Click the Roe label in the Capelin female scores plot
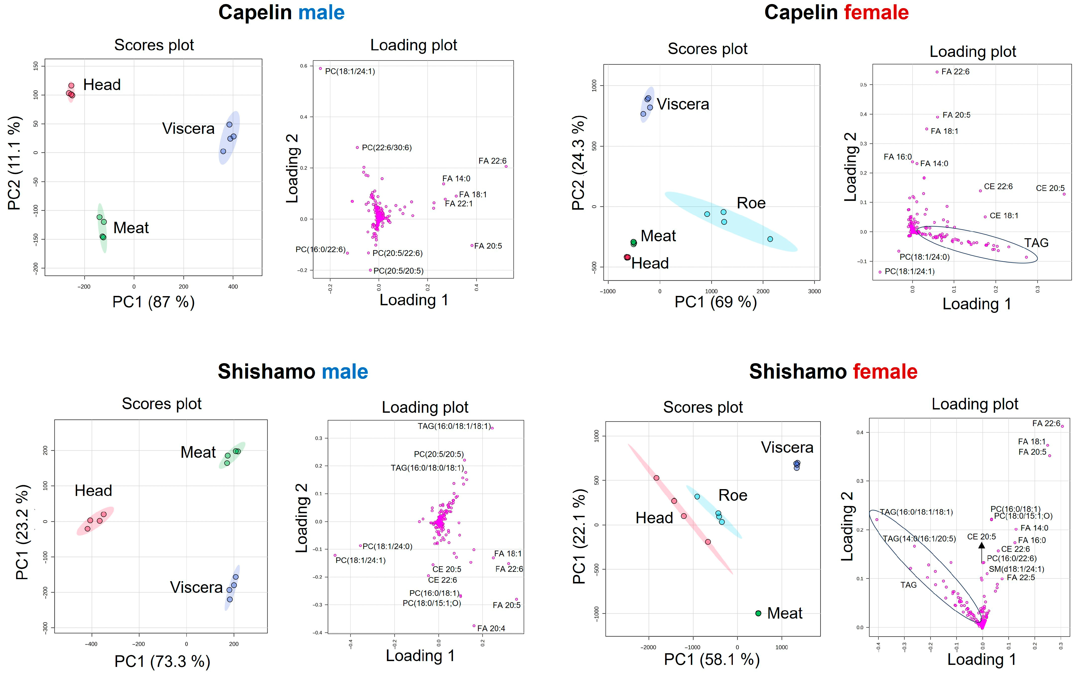click(751, 203)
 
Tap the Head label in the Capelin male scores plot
click(102, 85)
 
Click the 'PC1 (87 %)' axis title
click(153, 302)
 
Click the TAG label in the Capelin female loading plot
click(1036, 243)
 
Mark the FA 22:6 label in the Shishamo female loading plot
click(1046, 423)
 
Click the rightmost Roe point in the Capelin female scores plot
click(770, 239)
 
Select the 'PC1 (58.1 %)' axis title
click(712, 660)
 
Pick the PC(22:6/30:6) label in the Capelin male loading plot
click(387, 147)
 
